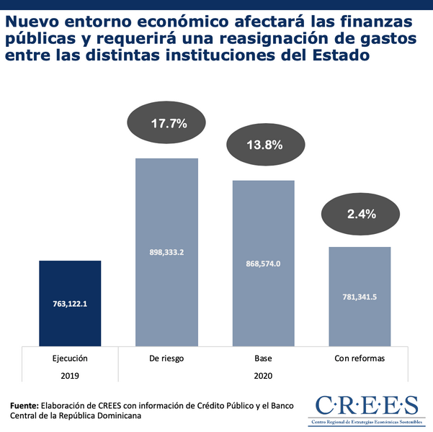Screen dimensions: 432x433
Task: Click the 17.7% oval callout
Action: pyautogui.click(x=169, y=123)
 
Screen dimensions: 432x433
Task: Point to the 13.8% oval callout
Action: pyautogui.click(x=265, y=144)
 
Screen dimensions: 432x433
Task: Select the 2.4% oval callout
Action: pyautogui.click(x=361, y=213)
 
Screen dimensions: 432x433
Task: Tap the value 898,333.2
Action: pyautogui.click(x=167, y=252)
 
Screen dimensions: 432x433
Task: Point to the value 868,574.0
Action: pyautogui.click(x=263, y=264)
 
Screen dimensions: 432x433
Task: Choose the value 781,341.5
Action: pyautogui.click(x=360, y=296)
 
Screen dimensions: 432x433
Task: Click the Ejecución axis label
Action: pyautogui.click(x=70, y=358)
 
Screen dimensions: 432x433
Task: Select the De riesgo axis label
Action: pyautogui.click(x=167, y=358)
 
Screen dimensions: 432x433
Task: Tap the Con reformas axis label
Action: pyautogui.click(x=360, y=358)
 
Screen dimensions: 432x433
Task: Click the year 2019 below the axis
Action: pyautogui.click(x=70, y=376)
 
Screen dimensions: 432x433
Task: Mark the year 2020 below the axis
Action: pyautogui.click(x=263, y=376)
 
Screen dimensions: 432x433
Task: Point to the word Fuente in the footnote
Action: pyautogui.click(x=24, y=405)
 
